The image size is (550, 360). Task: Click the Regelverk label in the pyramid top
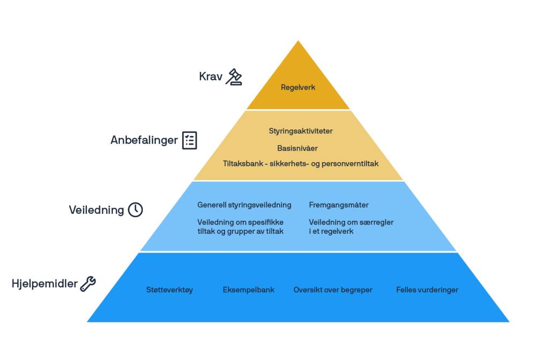click(x=298, y=87)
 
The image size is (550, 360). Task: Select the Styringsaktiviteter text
click(x=301, y=131)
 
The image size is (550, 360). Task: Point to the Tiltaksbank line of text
click(x=301, y=163)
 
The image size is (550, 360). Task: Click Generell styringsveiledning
click(x=244, y=205)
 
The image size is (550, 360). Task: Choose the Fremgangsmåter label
click(x=338, y=205)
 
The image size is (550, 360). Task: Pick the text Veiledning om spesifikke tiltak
click(x=240, y=226)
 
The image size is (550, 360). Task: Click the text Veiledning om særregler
click(x=351, y=226)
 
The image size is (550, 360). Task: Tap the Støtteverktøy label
click(x=169, y=290)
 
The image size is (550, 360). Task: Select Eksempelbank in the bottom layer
click(x=249, y=290)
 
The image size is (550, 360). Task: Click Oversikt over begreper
click(x=333, y=290)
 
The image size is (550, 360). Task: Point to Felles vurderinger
click(x=428, y=290)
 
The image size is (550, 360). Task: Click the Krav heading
click(x=211, y=77)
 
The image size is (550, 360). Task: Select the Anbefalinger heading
click(x=144, y=140)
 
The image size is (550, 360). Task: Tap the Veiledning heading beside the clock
click(x=96, y=210)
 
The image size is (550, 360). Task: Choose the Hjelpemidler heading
click(x=45, y=284)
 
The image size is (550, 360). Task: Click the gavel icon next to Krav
click(x=234, y=77)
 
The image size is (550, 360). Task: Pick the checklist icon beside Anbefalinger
click(x=190, y=140)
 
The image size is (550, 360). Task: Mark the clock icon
click(x=135, y=210)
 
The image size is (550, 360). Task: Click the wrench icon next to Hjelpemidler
click(x=88, y=284)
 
